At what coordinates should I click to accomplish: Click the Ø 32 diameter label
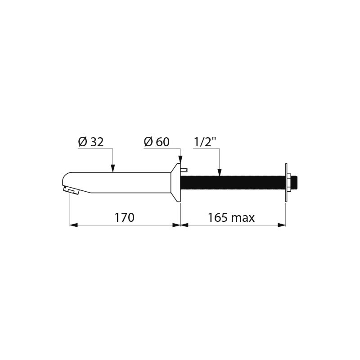tap(90, 142)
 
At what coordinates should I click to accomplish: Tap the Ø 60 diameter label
tap(156, 142)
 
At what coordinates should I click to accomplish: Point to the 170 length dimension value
tap(125, 218)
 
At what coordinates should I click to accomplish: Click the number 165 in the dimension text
tap(217, 218)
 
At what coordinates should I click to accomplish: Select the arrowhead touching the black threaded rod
tap(219, 172)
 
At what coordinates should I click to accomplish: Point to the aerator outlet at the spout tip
tap(70, 191)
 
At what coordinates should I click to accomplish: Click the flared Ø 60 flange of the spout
tap(176, 182)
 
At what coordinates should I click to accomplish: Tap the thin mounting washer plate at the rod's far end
tap(286, 182)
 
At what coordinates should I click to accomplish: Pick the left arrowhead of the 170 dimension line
tap(73, 225)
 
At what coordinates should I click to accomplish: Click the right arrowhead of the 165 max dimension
tap(282, 225)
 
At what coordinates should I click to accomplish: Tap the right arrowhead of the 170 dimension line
tap(176, 225)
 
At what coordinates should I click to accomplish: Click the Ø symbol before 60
tap(148, 142)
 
